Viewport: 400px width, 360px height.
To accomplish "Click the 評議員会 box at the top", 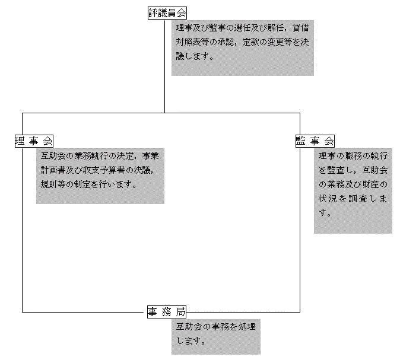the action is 167,13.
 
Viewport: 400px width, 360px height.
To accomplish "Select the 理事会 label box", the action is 34,141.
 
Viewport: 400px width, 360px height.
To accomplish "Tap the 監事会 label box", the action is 315,141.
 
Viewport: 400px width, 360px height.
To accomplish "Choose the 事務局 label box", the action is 167,311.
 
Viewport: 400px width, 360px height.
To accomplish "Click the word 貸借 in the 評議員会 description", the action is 301,28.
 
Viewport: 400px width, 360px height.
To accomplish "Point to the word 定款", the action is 250,42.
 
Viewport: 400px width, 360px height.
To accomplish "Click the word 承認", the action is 226,42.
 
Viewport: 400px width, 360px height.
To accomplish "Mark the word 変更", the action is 275,42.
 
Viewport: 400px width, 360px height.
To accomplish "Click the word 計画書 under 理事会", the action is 53,170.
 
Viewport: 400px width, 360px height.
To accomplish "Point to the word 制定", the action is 82,184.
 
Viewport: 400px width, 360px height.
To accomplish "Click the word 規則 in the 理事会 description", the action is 49,184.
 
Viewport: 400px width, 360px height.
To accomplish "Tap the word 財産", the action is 371,184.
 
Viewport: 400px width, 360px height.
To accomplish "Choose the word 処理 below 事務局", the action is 247,327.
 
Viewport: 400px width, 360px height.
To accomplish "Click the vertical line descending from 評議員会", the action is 164,66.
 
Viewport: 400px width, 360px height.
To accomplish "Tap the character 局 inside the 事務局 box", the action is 180,311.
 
